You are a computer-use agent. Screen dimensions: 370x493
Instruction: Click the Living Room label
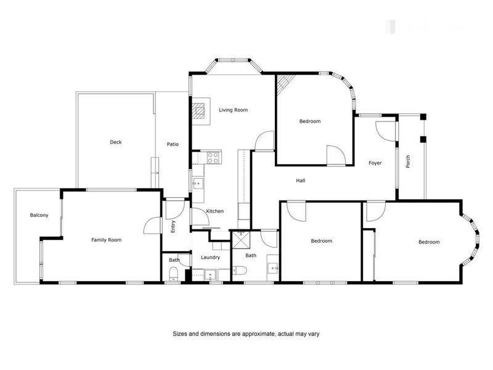233,110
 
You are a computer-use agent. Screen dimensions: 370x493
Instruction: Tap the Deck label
116,142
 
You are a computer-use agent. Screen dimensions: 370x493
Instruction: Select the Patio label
173,144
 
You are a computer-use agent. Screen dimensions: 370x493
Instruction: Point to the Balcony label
39,215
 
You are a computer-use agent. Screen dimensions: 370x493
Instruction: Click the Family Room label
106,239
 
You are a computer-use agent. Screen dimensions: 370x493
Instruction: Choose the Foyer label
375,163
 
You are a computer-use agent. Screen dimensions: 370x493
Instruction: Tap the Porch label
408,162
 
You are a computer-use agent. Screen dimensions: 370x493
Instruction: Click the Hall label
301,181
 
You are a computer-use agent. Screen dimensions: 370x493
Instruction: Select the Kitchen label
214,211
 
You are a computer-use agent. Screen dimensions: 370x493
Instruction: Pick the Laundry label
210,257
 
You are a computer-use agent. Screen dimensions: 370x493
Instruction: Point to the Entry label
173,226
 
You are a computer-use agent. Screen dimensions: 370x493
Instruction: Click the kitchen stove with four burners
213,157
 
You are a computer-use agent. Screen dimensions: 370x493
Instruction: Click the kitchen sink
198,183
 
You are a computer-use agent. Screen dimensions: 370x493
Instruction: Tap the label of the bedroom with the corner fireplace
310,121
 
